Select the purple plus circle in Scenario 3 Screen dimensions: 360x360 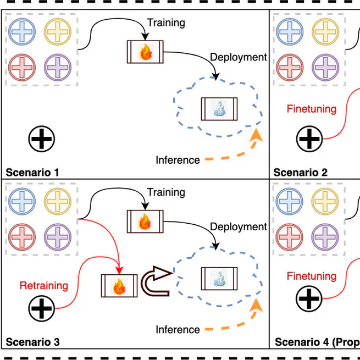coord(57,237)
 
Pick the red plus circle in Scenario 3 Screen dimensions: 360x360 coord(23,237)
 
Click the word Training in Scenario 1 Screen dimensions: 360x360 coord(166,23)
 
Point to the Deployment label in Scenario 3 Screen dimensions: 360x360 coord(238,226)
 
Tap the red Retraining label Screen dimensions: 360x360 coord(44,286)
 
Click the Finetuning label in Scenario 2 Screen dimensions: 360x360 coord(311,109)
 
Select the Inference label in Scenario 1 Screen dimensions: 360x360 coord(178,160)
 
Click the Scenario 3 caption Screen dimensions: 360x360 coord(32,342)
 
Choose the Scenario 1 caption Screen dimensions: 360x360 coord(32,173)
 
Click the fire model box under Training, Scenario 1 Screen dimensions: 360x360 coord(145,52)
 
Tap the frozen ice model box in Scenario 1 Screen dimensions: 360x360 coord(219,109)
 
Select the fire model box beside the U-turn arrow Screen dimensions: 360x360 coord(119,286)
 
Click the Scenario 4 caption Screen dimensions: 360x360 coord(317,342)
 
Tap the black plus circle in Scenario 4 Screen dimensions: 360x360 coord(309,300)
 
